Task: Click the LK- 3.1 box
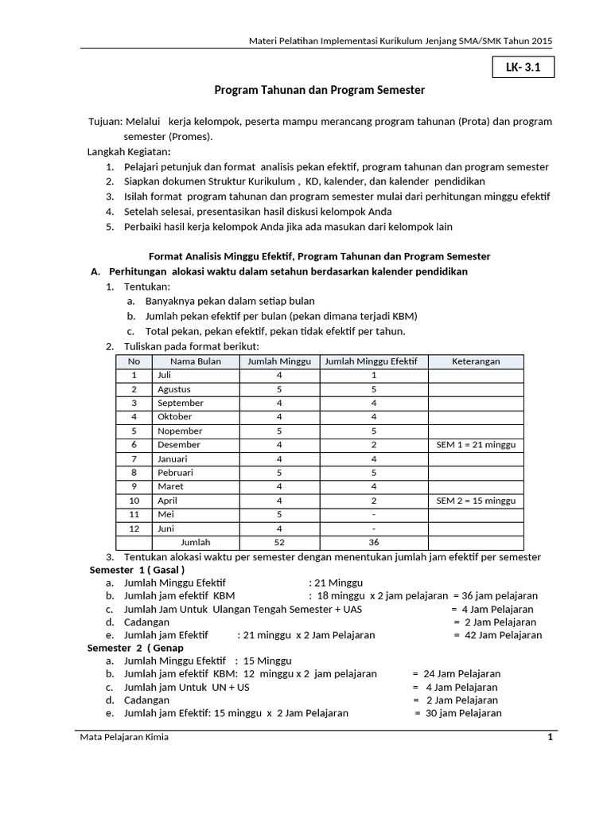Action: click(523, 68)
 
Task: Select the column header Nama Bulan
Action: click(195, 361)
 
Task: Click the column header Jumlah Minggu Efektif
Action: click(373, 361)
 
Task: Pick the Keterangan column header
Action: click(476, 361)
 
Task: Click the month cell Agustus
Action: click(174, 389)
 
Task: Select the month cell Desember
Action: click(178, 445)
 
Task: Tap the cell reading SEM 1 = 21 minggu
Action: click(476, 445)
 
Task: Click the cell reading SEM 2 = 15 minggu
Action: click(476, 501)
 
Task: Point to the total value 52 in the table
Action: click(279, 542)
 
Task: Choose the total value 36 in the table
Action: click(373, 542)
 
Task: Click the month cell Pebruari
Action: click(175, 473)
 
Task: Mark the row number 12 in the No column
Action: click(134, 528)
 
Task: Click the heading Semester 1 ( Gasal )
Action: click(137, 570)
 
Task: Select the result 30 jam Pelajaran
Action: click(462, 713)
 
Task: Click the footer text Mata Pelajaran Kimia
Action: click(124, 737)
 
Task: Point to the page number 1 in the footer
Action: click(549, 737)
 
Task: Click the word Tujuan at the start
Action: click(104, 122)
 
